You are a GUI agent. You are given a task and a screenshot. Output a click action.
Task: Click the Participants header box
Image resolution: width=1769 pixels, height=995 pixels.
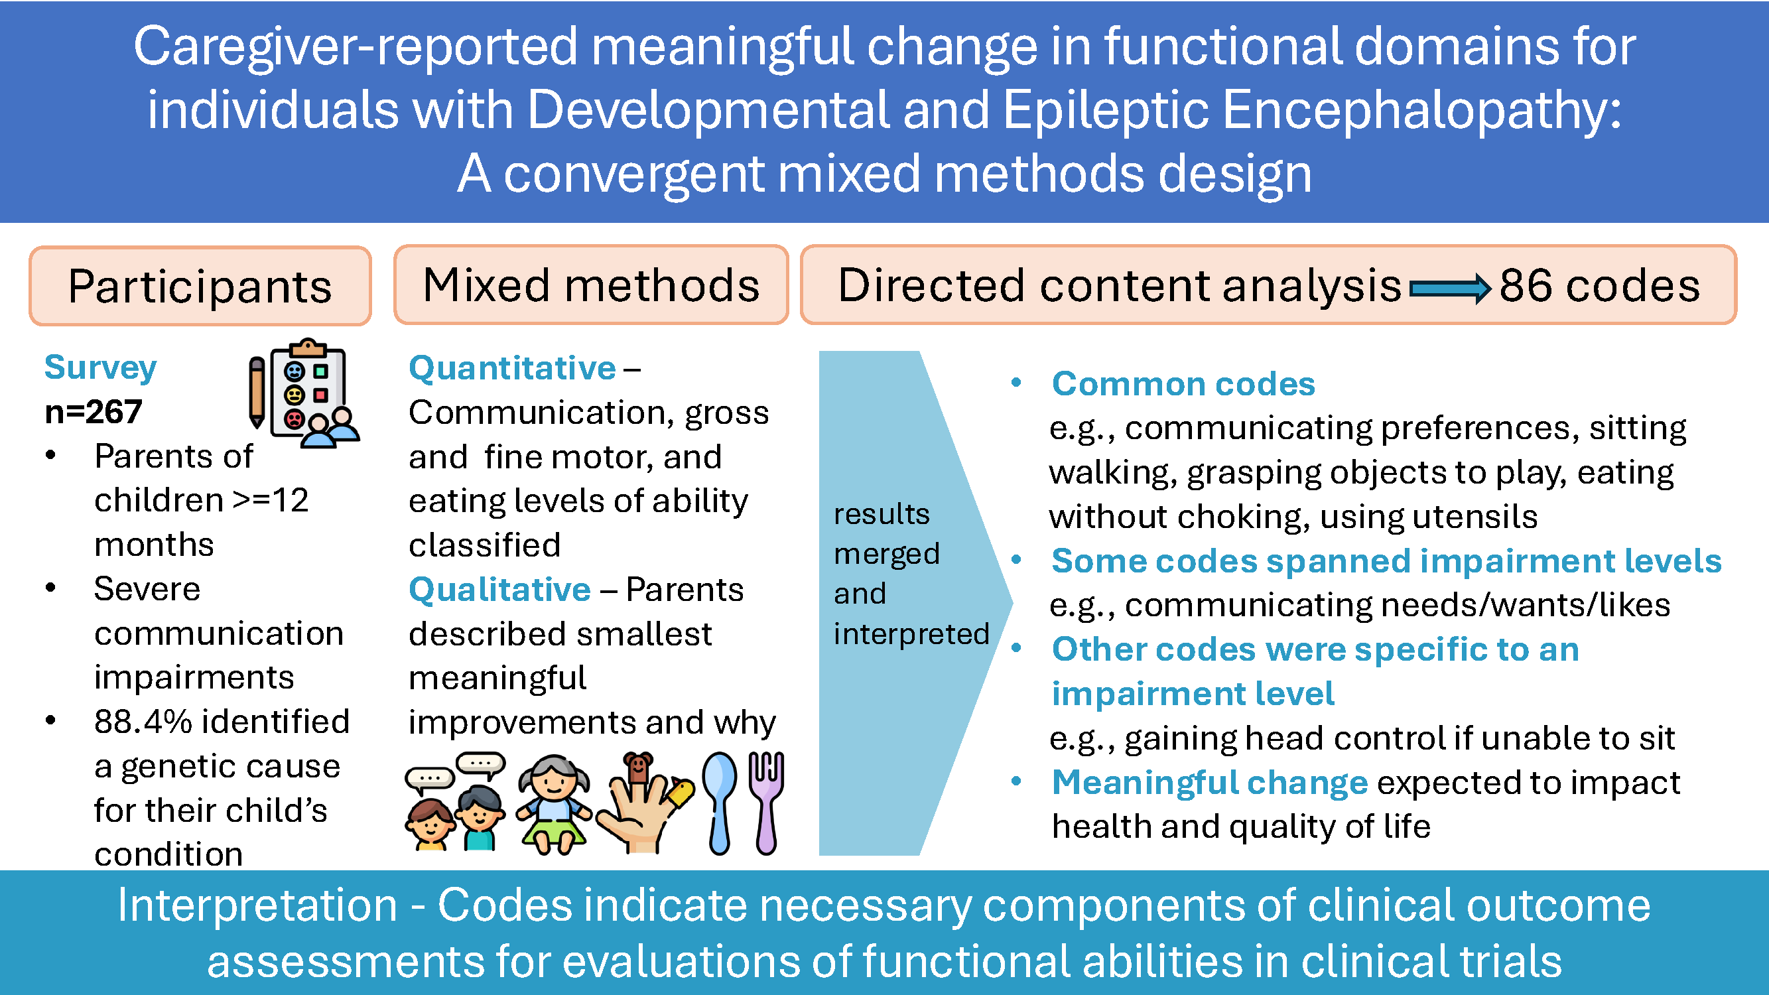[200, 286]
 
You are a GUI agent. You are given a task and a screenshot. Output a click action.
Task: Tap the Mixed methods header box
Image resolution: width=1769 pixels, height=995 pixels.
[591, 285]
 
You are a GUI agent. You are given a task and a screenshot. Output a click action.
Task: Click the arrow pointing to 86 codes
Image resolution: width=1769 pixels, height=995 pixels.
[1450, 289]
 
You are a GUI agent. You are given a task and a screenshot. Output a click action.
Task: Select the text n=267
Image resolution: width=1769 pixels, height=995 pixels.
[94, 411]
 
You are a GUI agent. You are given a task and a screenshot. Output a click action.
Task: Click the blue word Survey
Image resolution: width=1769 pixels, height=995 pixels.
[100, 367]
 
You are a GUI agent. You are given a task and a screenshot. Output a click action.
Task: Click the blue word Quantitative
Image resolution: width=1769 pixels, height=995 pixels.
[512, 368]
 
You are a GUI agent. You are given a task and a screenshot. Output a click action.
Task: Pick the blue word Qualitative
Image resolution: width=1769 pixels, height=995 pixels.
[500, 589]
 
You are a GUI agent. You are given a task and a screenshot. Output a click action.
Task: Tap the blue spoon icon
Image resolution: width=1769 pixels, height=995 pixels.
[719, 803]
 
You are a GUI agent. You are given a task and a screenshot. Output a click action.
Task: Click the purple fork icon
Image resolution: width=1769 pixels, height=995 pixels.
[765, 803]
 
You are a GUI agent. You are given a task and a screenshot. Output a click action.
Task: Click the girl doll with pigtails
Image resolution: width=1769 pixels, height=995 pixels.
[553, 804]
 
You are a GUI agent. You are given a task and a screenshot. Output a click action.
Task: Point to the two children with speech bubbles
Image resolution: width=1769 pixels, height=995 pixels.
[455, 801]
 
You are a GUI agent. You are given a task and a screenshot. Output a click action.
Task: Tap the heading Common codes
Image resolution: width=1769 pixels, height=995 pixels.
[1183, 383]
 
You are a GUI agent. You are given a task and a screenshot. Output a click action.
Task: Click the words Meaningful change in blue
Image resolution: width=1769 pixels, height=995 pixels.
[1210, 782]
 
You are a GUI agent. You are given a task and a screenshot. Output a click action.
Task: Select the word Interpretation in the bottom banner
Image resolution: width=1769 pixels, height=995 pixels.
[257, 905]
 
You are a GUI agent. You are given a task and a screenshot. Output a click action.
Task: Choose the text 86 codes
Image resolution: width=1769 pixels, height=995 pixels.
[1599, 285]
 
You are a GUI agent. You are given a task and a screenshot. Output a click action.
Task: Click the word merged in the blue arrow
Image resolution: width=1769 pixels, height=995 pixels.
[887, 554]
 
